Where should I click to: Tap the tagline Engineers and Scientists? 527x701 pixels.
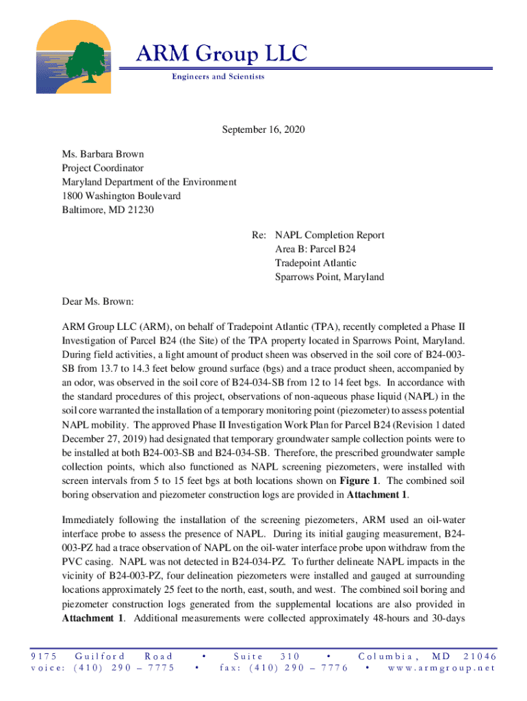click(218, 77)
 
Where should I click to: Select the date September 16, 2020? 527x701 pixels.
click(263, 130)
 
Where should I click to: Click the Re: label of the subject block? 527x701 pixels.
click(259, 235)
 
